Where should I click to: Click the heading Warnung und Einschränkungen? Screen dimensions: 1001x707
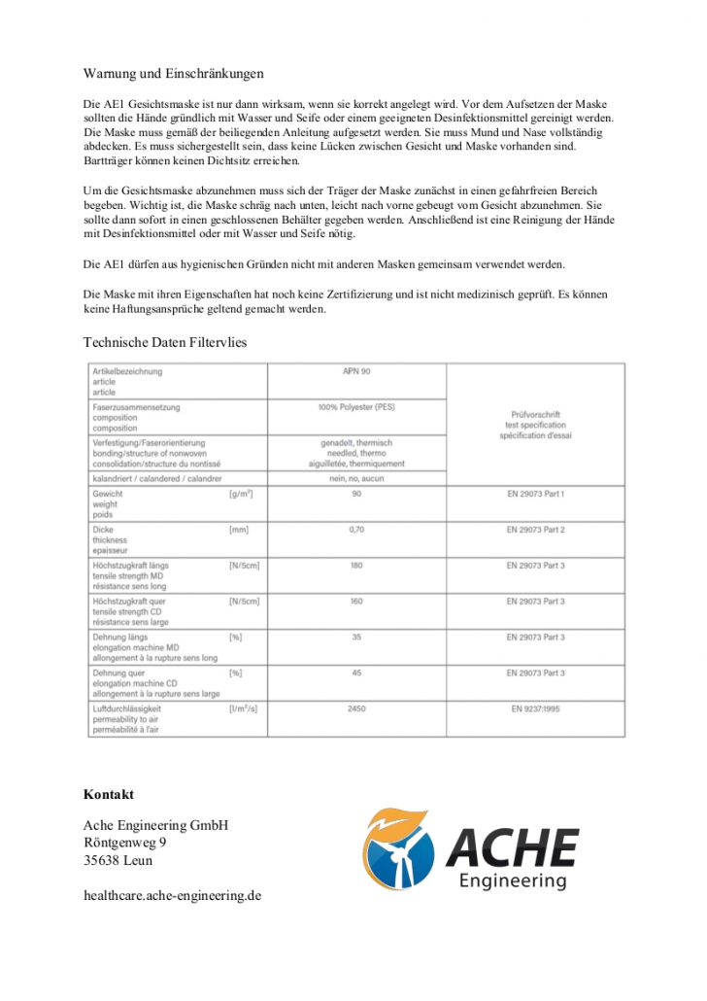click(x=174, y=73)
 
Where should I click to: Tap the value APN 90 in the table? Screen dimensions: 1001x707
click(x=356, y=371)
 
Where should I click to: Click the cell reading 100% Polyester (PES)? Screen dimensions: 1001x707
click(x=356, y=407)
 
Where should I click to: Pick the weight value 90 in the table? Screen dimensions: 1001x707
click(x=356, y=494)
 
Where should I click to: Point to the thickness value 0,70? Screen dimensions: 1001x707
click(x=356, y=530)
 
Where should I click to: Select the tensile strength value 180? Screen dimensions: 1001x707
click(x=356, y=566)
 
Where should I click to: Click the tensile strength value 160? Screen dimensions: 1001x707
click(x=356, y=602)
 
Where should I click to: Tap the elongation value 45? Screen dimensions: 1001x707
click(x=356, y=673)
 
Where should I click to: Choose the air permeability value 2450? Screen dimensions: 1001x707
click(x=356, y=708)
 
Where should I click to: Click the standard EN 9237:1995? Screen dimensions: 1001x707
click(x=535, y=708)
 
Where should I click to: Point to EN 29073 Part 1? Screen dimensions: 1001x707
click(x=535, y=494)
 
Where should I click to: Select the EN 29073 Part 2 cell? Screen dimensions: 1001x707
click(x=535, y=530)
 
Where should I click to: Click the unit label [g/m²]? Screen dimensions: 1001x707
click(x=241, y=494)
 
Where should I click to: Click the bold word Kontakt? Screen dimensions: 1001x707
click(x=109, y=794)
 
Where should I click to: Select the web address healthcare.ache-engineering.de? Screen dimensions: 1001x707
click(x=173, y=895)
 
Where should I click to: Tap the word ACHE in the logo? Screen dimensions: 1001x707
click(x=512, y=847)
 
